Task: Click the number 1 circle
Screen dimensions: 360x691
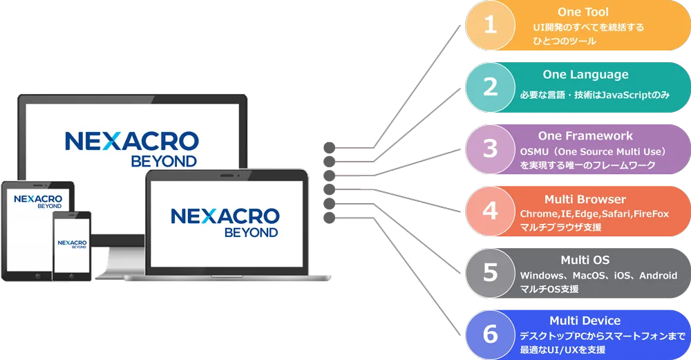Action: (x=491, y=26)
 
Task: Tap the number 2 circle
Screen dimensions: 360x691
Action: (x=491, y=87)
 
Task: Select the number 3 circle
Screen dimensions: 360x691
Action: (x=491, y=149)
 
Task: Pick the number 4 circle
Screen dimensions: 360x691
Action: (x=491, y=210)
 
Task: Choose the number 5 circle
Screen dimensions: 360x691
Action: (x=491, y=272)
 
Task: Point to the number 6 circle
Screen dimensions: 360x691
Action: (x=491, y=334)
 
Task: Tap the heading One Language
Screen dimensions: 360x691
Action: (x=585, y=75)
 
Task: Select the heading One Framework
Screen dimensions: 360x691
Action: (x=585, y=136)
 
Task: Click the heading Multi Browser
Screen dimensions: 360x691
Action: (x=585, y=200)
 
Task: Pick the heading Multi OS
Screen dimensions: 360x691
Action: (x=585, y=260)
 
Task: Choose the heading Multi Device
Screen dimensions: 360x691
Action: (x=585, y=321)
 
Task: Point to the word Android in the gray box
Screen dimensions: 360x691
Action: (x=658, y=276)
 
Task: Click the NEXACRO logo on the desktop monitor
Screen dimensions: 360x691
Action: (x=131, y=141)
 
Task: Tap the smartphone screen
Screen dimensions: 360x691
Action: (x=71, y=245)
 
